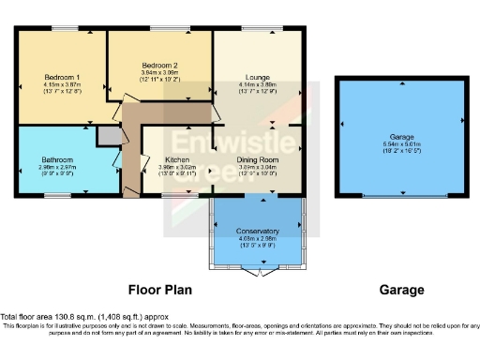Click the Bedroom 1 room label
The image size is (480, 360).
(65, 76)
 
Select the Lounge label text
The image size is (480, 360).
(258, 76)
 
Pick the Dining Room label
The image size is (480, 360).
(257, 159)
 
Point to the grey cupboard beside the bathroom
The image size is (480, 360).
(110, 136)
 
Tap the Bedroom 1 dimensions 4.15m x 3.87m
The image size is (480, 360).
(65, 84)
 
